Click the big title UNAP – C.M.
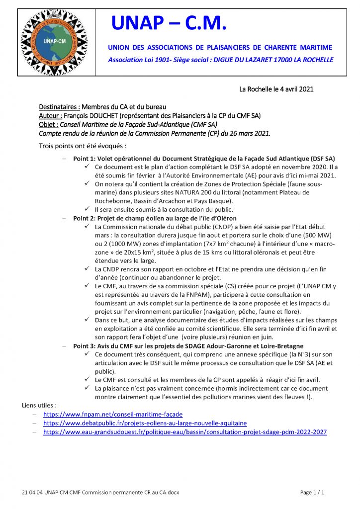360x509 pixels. tap(169, 23)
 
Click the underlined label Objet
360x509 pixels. tap(48, 124)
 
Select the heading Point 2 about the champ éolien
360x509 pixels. tap(155, 218)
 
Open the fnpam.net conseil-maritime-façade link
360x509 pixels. tap(113, 414)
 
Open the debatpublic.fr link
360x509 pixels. tap(145, 423)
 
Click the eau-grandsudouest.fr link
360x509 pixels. tap(185, 432)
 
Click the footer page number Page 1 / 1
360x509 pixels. tap(312, 492)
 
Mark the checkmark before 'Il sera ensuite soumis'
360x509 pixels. tap(87, 210)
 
